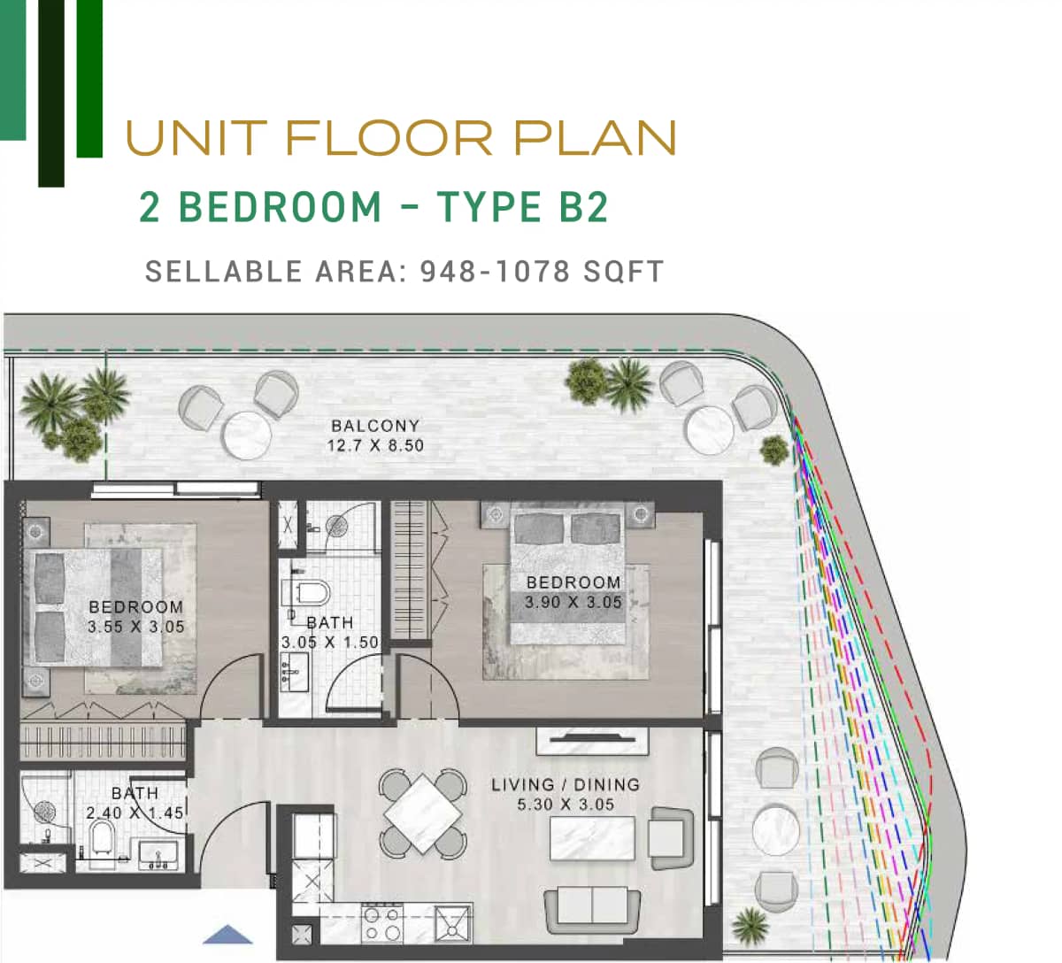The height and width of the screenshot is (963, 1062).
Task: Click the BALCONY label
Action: point(375,426)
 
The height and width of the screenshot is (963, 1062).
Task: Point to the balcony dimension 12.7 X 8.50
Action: point(375,445)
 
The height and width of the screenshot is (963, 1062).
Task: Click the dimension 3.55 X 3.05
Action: point(136,627)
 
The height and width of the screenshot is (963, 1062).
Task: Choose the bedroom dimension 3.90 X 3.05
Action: point(573,602)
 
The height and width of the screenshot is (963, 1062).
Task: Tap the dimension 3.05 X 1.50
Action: point(329,643)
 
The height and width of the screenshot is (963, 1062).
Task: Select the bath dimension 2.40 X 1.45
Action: point(135,812)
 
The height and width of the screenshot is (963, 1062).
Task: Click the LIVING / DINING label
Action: point(566,784)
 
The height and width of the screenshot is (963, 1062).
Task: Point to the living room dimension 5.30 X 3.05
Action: point(566,805)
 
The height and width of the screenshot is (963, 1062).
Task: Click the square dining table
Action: point(423,813)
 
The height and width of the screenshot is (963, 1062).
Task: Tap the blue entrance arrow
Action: point(227,935)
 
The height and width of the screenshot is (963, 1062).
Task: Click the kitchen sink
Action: point(452,924)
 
